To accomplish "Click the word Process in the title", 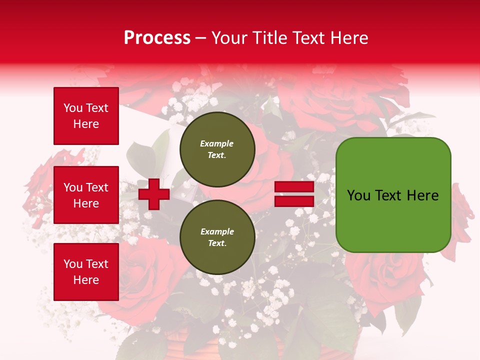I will (x=157, y=38).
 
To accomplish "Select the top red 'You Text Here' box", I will (x=86, y=116).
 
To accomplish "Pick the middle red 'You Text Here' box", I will (x=86, y=195).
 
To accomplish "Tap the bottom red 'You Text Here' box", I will (x=86, y=272).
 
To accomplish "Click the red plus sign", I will (x=154, y=194).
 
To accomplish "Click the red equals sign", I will (x=294, y=194).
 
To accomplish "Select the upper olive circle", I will (x=217, y=149).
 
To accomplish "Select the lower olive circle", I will (x=217, y=237).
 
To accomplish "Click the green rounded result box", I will (x=393, y=195).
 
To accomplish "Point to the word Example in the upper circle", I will (x=217, y=143).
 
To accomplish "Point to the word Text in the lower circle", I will (x=216, y=243).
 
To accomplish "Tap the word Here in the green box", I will (x=422, y=195).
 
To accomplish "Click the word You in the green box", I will (x=358, y=195).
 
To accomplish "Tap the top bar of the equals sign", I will (x=294, y=187).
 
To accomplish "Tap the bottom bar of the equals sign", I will (x=294, y=201).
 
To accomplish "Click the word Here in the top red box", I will (x=86, y=124).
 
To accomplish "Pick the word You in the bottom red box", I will (x=73, y=264).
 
